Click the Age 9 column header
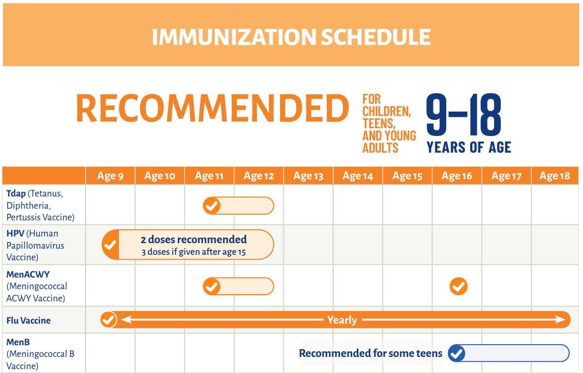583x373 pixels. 110,176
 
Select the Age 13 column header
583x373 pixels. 308,176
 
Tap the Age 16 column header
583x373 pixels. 457,176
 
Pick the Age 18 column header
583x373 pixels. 554,176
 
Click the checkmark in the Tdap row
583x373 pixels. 212,206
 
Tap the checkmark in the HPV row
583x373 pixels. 110,245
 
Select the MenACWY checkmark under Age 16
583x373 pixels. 459,286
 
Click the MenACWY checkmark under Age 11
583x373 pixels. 212,286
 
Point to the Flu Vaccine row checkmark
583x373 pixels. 108,320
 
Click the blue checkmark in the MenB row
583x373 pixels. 457,353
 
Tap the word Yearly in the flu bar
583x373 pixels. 342,320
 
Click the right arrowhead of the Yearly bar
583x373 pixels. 561,320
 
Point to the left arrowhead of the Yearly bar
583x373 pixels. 126,320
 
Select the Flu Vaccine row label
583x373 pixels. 29,320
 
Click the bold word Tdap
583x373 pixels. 16,194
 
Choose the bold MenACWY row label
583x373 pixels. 28,275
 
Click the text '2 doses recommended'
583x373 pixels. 194,239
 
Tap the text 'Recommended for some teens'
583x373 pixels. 371,353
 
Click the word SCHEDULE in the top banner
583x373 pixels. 376,37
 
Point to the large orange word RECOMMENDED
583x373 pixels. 212,108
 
